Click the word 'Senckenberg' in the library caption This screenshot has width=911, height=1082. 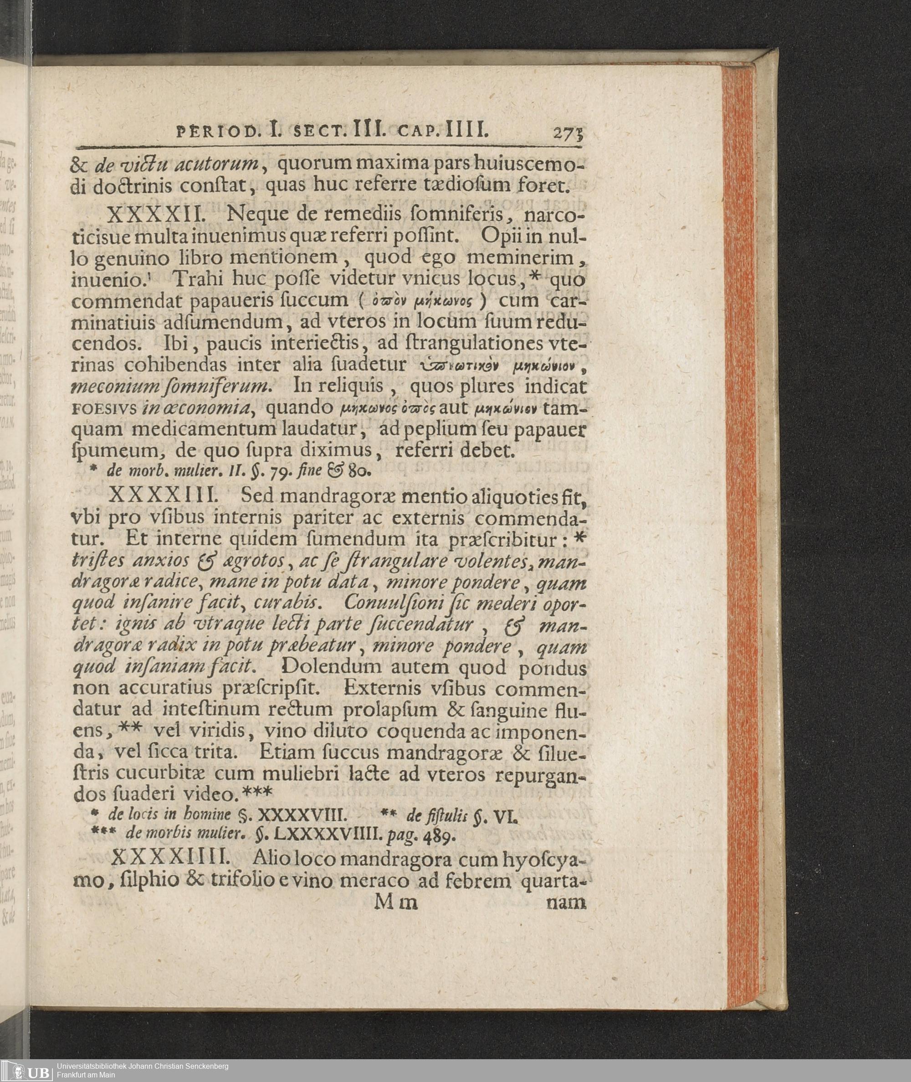click(207, 1066)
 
